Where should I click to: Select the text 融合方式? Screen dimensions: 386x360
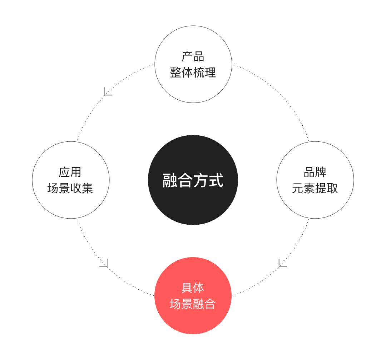click(x=193, y=180)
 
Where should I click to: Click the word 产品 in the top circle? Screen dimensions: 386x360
click(x=193, y=56)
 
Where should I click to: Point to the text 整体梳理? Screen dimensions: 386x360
click(x=193, y=72)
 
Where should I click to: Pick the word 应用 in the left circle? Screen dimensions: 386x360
click(x=70, y=172)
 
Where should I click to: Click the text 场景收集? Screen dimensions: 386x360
click(x=70, y=188)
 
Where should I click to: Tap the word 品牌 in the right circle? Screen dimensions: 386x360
click(x=315, y=172)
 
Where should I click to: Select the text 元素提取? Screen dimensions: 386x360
click(x=315, y=188)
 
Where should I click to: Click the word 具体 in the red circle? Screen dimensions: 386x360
click(x=193, y=288)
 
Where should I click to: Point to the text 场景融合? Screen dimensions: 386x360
click(x=193, y=304)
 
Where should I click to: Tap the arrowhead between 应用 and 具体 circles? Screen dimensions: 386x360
click(x=104, y=263)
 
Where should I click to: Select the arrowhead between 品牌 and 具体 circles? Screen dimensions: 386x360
click(x=282, y=263)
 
